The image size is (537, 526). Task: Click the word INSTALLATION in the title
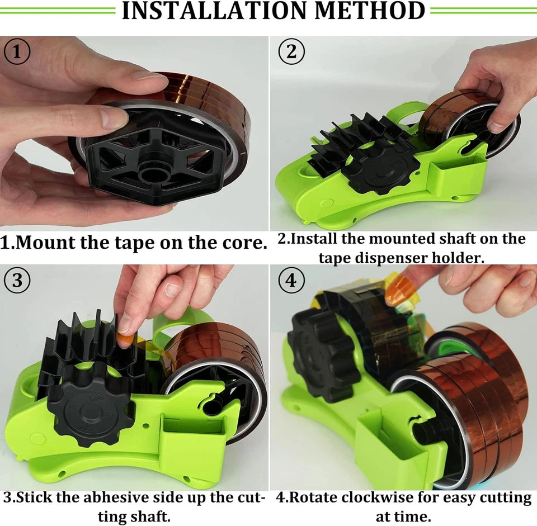214,11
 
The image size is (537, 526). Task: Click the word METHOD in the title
370,11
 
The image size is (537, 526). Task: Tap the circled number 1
17,52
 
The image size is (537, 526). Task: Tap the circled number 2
291,51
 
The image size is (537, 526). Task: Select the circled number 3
17,280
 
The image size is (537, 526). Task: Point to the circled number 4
291,281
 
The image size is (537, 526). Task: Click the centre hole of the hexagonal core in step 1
155,174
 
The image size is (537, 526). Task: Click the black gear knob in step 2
381,170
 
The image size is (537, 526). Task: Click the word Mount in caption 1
45,243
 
